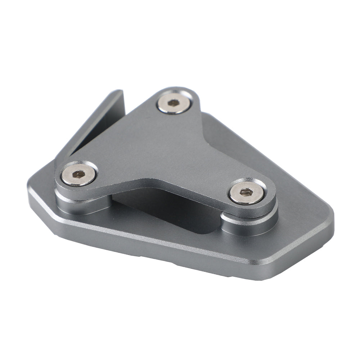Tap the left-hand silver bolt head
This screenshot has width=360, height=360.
click(x=78, y=175)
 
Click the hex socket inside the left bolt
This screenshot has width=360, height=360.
click(x=78, y=175)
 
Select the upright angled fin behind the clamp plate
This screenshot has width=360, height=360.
click(x=97, y=122)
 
